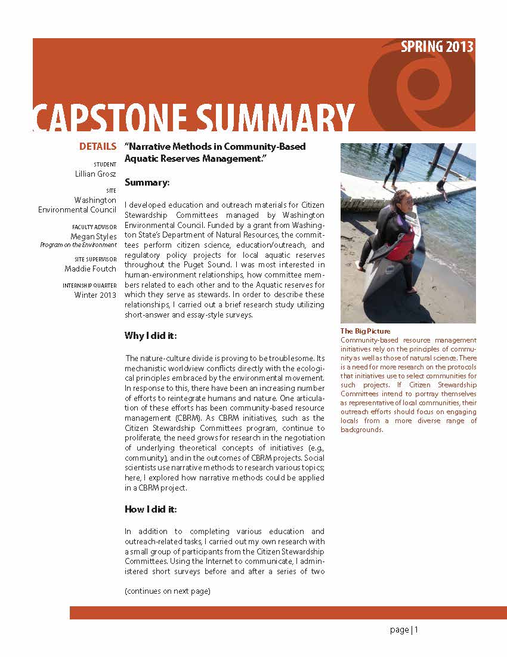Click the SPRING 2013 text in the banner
pos(437,47)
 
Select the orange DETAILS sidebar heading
pos(98,146)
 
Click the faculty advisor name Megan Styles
pos(94,236)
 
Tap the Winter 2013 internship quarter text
pos(95,295)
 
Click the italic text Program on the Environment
pos(78,245)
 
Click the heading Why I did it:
pos(151,336)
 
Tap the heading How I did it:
pos(151,509)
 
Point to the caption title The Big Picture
pos(365,331)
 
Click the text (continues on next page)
pos(168,591)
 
